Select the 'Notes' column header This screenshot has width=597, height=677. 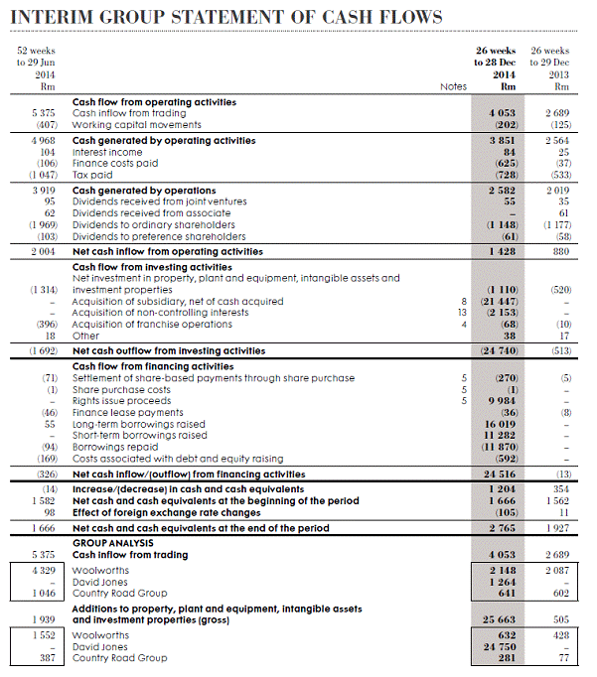click(453, 86)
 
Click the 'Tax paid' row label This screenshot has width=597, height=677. click(92, 174)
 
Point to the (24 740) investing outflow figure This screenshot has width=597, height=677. click(499, 350)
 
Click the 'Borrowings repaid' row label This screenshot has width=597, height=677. click(113, 447)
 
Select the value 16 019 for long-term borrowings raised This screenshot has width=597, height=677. click(500, 424)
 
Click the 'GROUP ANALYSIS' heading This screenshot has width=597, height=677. click(113, 543)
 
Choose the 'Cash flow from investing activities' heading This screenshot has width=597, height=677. click(151, 267)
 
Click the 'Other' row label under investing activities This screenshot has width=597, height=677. click(86, 336)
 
